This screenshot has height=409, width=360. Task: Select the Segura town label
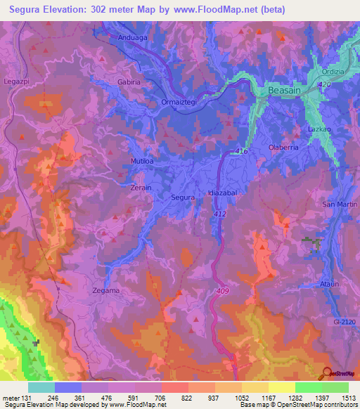pyautogui.click(x=183, y=197)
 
